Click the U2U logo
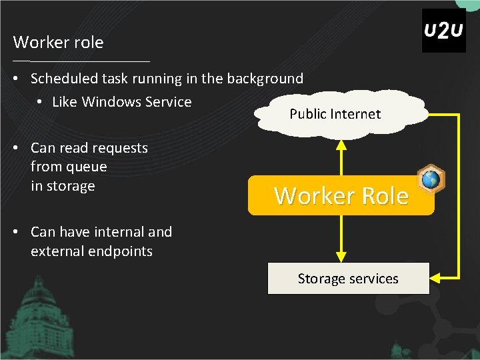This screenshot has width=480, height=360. point(443,31)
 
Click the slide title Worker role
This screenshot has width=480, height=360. point(59,43)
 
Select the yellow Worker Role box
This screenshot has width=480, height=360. point(341,195)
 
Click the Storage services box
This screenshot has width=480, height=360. point(348,279)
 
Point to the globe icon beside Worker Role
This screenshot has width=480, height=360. point(431,179)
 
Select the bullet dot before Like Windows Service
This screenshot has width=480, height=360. point(40,102)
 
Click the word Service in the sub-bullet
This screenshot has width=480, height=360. point(171,102)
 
